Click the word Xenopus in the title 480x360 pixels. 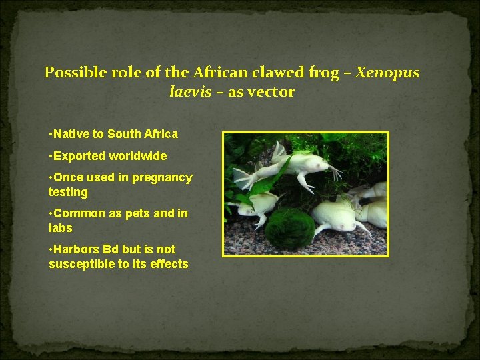pyautogui.click(x=388, y=72)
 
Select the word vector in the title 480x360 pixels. pyautogui.click(x=271, y=93)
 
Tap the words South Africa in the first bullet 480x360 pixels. pyautogui.click(x=143, y=134)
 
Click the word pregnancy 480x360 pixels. pyautogui.click(x=162, y=178)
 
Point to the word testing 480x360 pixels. pyautogui.click(x=68, y=192)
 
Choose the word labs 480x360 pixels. pyautogui.click(x=61, y=227)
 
